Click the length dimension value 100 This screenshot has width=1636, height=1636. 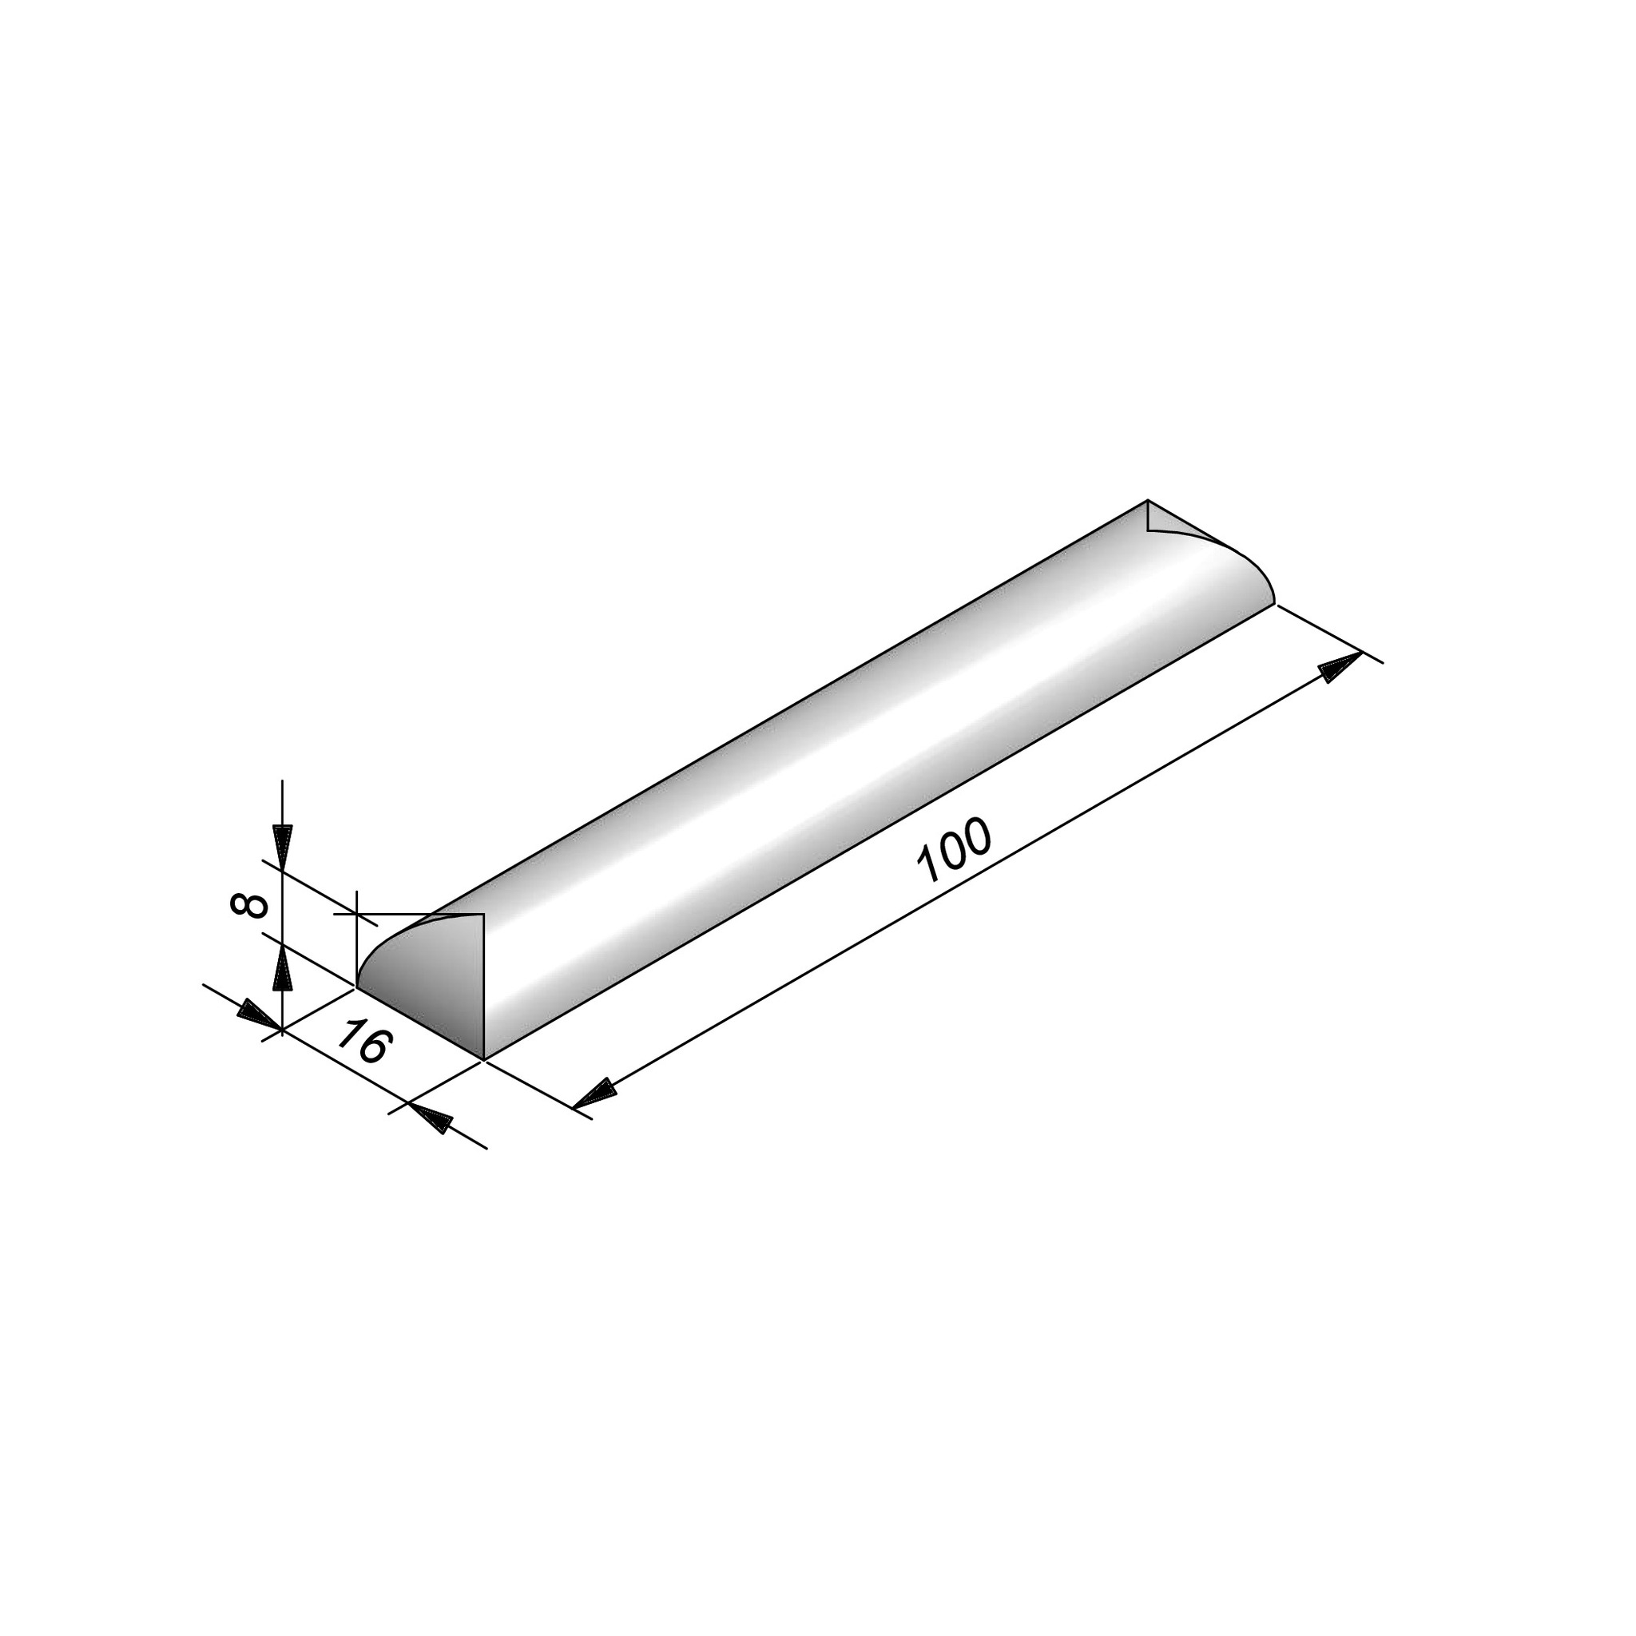pos(954,850)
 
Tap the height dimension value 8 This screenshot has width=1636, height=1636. pos(249,905)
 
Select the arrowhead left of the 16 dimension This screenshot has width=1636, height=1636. pos(258,1014)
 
